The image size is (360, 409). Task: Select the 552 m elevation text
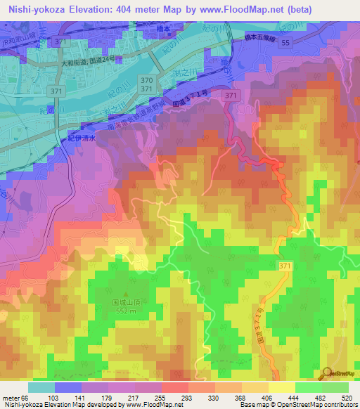(x=127, y=311)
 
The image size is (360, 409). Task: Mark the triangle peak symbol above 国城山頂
(x=127, y=295)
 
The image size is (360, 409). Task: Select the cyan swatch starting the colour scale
(x=41, y=387)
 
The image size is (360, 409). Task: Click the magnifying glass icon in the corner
(x=327, y=373)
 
